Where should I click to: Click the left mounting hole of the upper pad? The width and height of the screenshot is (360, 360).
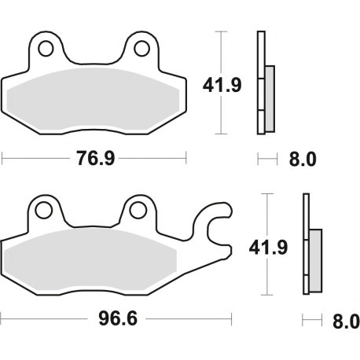45,50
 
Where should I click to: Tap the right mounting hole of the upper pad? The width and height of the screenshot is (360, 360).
141,50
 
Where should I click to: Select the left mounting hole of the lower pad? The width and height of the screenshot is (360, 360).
42,211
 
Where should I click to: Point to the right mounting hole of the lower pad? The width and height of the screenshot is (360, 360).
139,210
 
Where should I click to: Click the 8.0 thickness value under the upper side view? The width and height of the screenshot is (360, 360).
303,160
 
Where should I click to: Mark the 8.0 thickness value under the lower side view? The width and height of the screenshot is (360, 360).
346,321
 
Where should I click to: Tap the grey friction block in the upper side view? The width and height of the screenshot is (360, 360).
270,97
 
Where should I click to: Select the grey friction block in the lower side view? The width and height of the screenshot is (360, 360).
316,259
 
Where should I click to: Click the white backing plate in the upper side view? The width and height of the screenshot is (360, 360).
259,83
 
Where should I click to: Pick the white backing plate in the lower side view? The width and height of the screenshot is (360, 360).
305,244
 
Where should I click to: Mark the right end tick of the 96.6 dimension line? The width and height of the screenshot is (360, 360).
233,321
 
